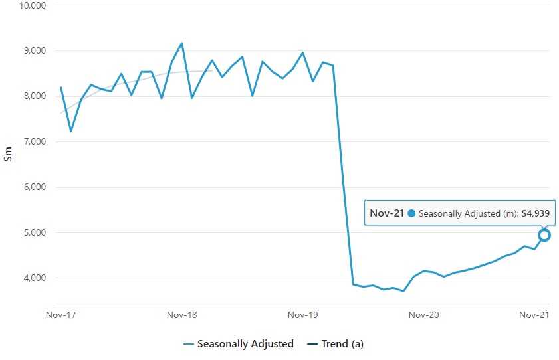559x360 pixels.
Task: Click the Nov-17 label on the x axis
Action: (x=60, y=315)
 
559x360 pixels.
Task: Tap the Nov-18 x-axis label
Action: (x=181, y=315)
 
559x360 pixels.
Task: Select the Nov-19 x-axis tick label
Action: (x=302, y=315)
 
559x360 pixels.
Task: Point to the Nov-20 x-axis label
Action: (x=423, y=315)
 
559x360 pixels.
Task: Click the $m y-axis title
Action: (x=9, y=155)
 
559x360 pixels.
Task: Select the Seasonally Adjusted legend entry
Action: (x=245, y=344)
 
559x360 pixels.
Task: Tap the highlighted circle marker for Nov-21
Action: (x=544, y=235)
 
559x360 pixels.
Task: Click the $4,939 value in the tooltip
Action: (x=535, y=213)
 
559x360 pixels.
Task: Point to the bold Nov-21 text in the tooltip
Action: (x=387, y=213)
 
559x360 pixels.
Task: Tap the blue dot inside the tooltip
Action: (x=411, y=213)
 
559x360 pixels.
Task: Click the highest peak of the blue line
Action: (x=181, y=43)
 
